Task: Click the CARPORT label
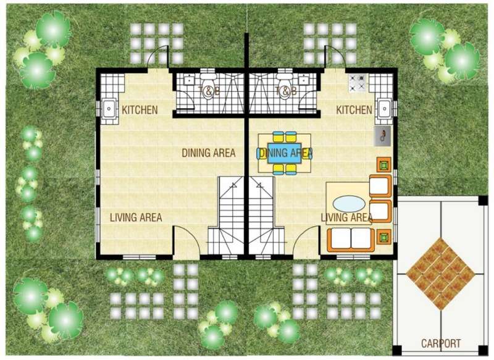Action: [x=441, y=343]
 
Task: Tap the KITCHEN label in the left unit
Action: [x=140, y=110]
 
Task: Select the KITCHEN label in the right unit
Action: [x=354, y=110]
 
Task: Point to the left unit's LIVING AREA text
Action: [x=136, y=217]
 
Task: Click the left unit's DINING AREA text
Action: [x=209, y=153]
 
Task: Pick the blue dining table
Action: [x=284, y=153]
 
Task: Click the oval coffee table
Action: [x=349, y=204]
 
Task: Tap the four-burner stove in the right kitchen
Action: [x=358, y=83]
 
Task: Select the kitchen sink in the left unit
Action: [x=109, y=109]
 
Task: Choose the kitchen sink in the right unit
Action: [x=384, y=109]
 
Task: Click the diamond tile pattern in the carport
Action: [x=440, y=274]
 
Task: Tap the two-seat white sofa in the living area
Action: [x=351, y=240]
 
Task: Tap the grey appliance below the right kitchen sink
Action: [x=382, y=136]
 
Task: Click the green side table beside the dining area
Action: [x=384, y=165]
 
